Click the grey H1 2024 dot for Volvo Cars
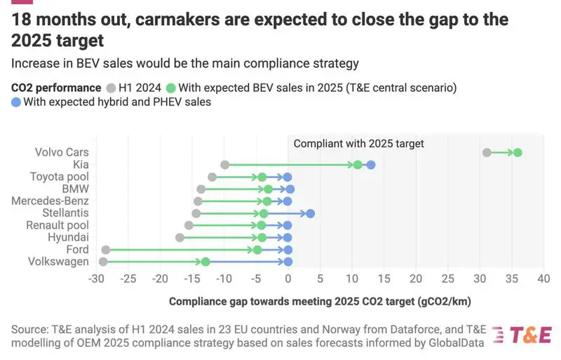coord(487,152)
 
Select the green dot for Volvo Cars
coord(518,152)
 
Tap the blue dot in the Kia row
coord(371,165)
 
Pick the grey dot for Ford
coord(106,250)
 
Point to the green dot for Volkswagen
coord(205,262)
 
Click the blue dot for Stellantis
coord(311,213)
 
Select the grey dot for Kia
coord(224,165)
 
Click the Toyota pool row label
coord(59,177)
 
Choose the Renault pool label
coord(58,225)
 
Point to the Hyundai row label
coord(68,238)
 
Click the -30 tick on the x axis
coord(96,279)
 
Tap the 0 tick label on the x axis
coord(288,279)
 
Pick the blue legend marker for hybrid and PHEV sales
coord(16,102)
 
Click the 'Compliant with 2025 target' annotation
coord(359,143)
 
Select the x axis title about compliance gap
coord(320,301)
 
